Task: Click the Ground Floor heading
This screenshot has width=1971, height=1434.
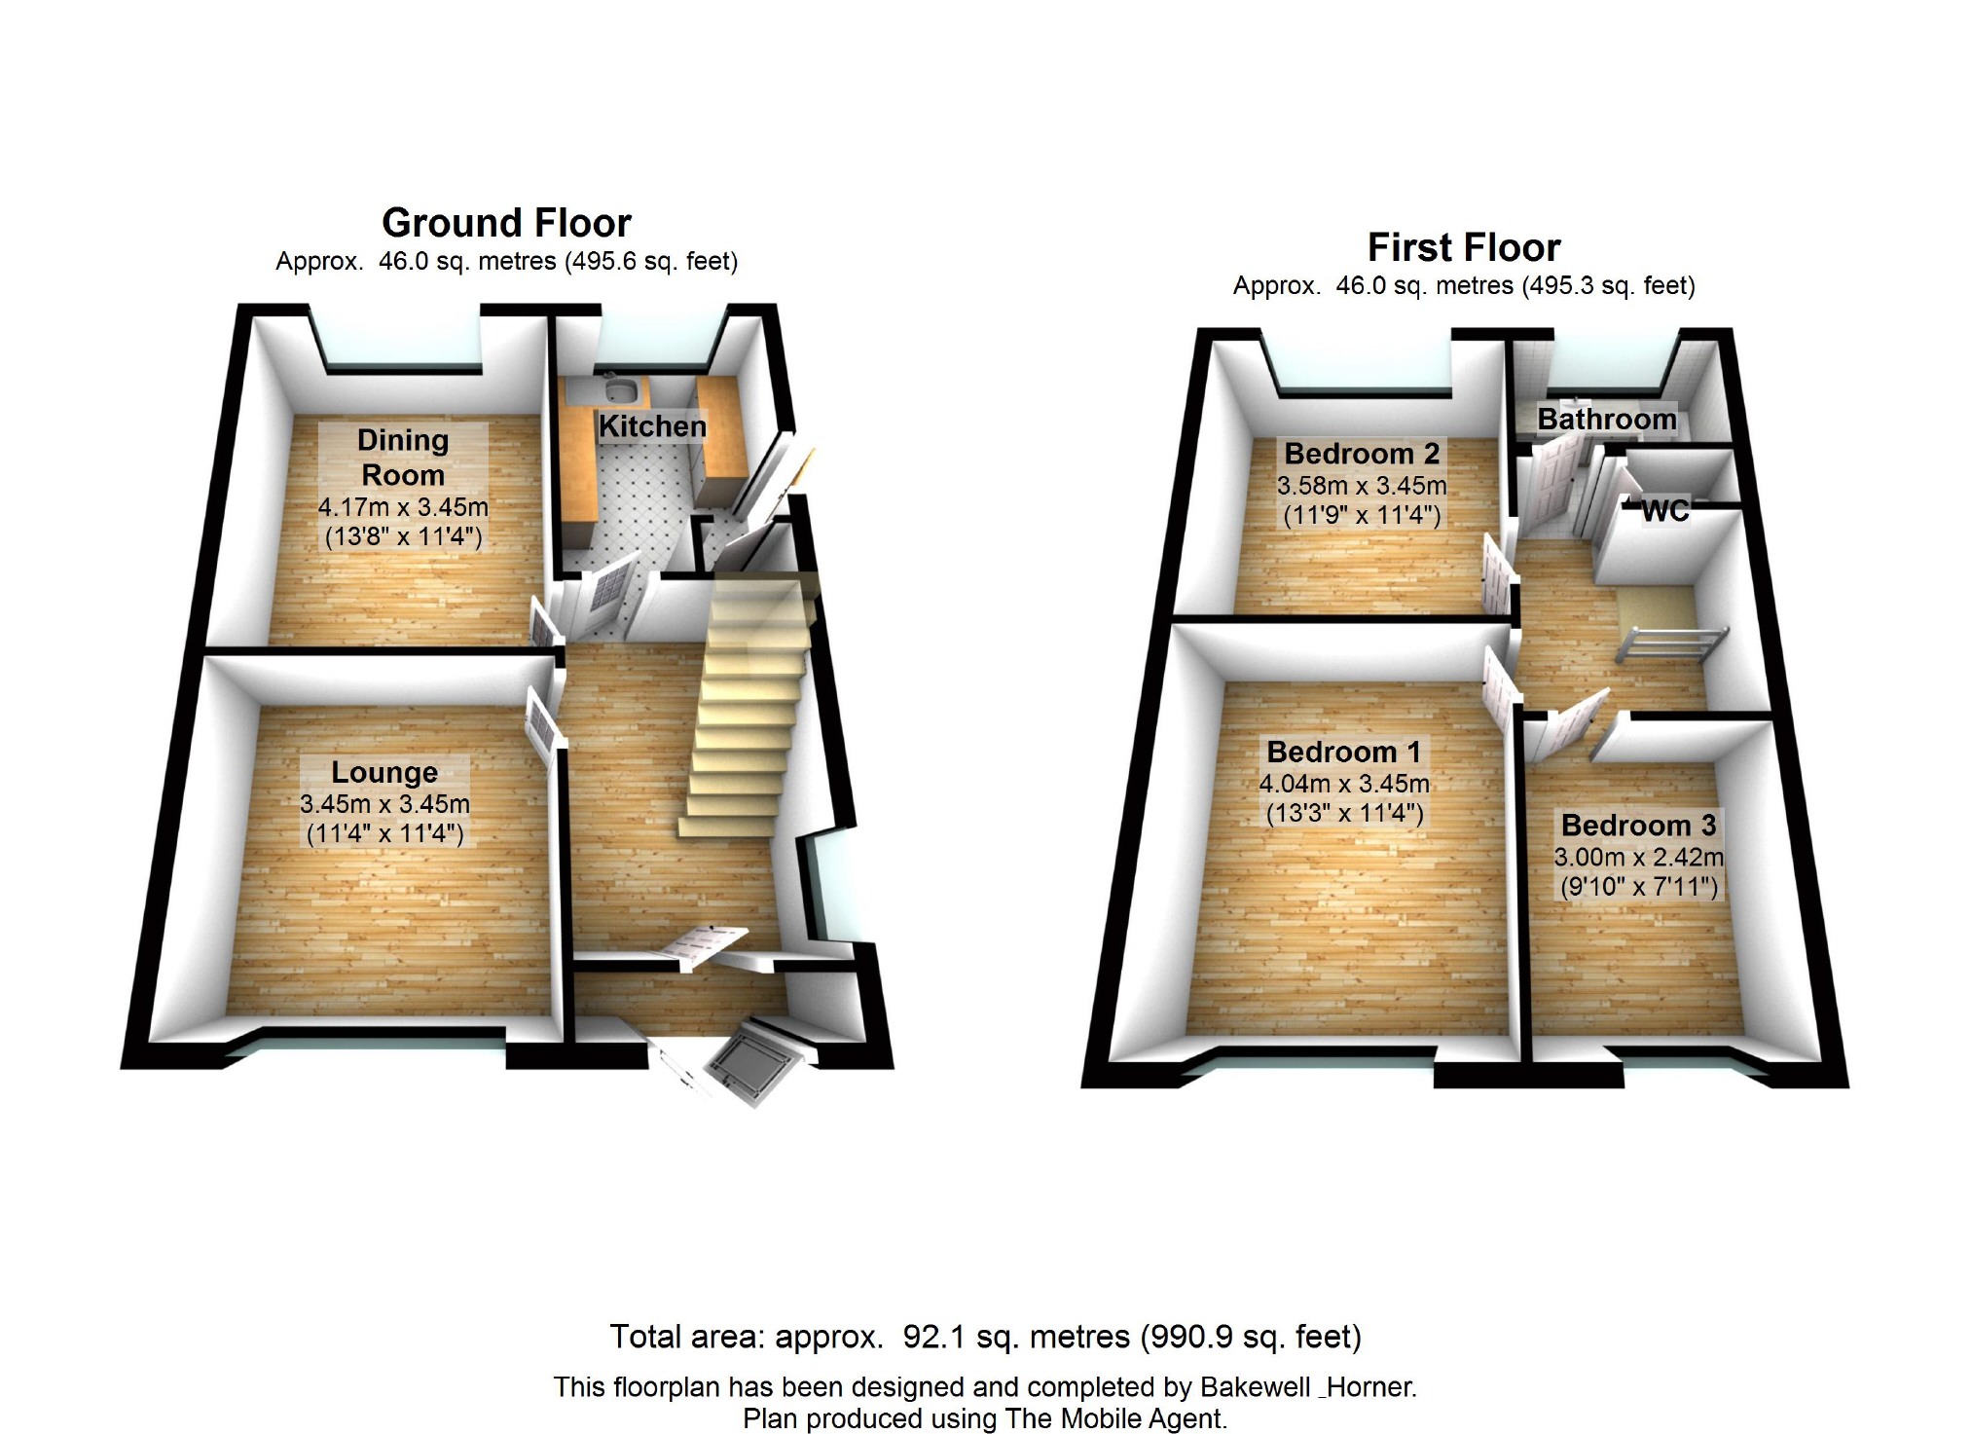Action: point(506,223)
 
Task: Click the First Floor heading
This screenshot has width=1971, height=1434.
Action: point(1463,247)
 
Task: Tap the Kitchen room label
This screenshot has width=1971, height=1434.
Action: point(652,426)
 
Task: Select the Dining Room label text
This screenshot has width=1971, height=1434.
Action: point(403,458)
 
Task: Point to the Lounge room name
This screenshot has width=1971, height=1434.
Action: point(384,772)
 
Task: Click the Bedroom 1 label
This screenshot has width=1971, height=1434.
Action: point(1343,752)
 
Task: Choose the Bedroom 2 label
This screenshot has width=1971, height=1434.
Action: point(1362,454)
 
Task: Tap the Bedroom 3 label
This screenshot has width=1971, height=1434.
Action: point(1638,825)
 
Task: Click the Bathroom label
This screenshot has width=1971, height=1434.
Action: point(1606,420)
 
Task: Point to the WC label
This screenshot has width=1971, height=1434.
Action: point(1664,511)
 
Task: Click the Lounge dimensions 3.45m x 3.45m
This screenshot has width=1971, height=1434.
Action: point(384,804)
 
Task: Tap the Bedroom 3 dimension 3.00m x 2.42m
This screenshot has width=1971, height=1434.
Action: point(1638,857)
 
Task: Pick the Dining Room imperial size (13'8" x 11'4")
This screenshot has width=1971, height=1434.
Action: point(403,536)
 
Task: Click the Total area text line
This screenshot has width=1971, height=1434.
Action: point(985,1337)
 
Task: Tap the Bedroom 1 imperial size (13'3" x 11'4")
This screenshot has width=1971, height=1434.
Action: point(1344,813)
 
